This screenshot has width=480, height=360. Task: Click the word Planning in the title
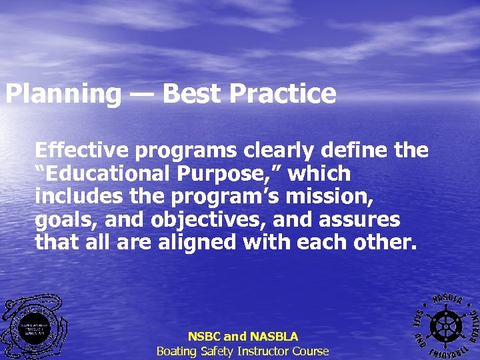tap(63, 94)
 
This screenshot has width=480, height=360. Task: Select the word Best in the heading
tap(191, 94)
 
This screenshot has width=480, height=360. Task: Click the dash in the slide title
tap(141, 94)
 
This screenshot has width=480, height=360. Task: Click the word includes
tap(75, 197)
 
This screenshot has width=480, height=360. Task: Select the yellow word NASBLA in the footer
tap(273, 337)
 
